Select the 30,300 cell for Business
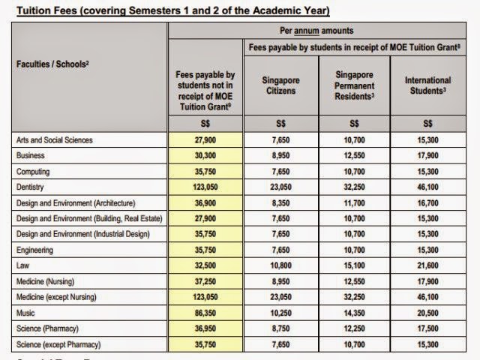(205, 155)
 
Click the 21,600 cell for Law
(427, 265)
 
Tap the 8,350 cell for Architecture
(280, 202)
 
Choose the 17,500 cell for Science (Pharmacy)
(427, 328)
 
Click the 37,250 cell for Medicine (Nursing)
(205, 281)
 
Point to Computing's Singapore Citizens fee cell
(280, 171)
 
